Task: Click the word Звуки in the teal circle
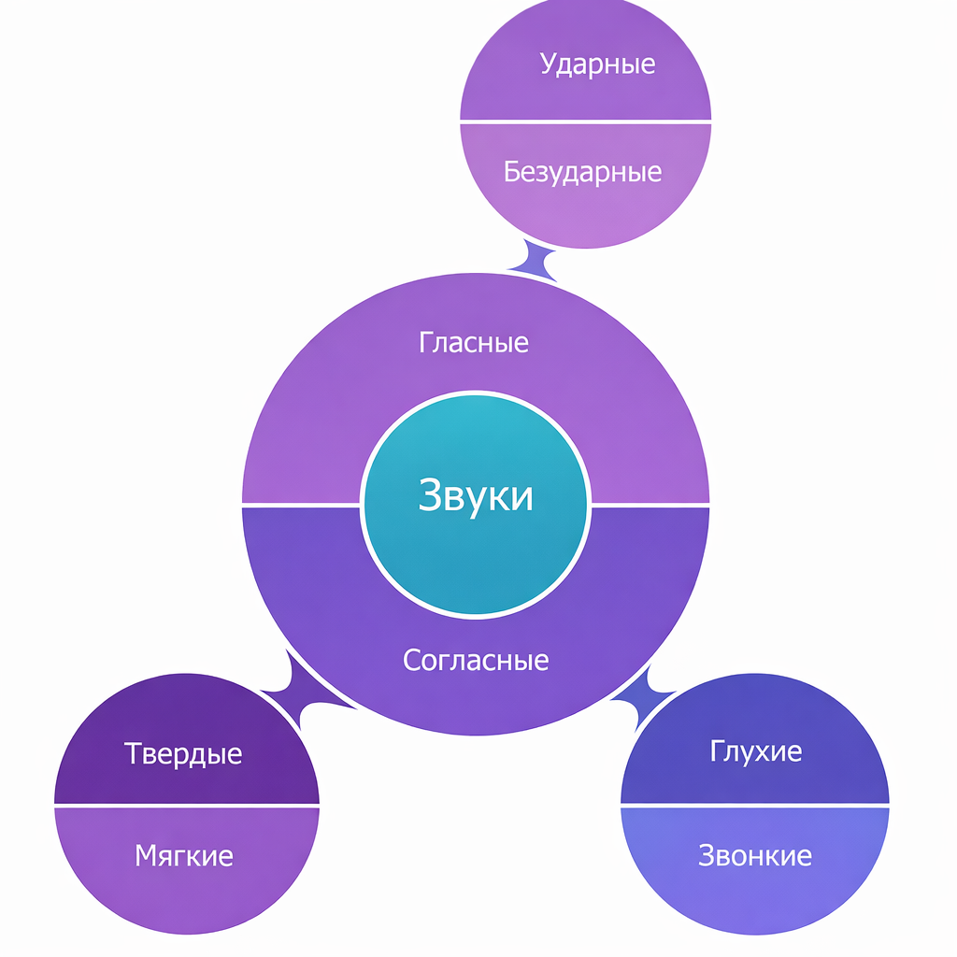(476, 495)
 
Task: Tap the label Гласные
(474, 342)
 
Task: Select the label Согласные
(476, 661)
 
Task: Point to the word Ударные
(597, 64)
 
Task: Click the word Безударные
(582, 172)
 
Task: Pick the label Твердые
(183, 753)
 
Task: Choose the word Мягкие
(184, 854)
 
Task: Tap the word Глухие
(756, 751)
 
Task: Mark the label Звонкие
(755, 854)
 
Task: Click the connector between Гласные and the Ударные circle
(533, 260)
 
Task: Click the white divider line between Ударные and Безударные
(585, 121)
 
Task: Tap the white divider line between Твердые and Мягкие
(187, 805)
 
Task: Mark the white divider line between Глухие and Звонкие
(755, 804)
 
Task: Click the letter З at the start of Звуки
(430, 495)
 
